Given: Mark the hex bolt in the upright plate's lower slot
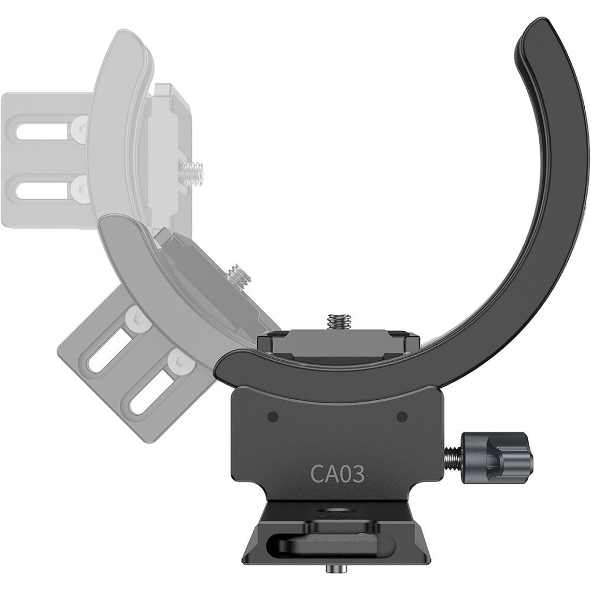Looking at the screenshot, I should coord(80,184).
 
